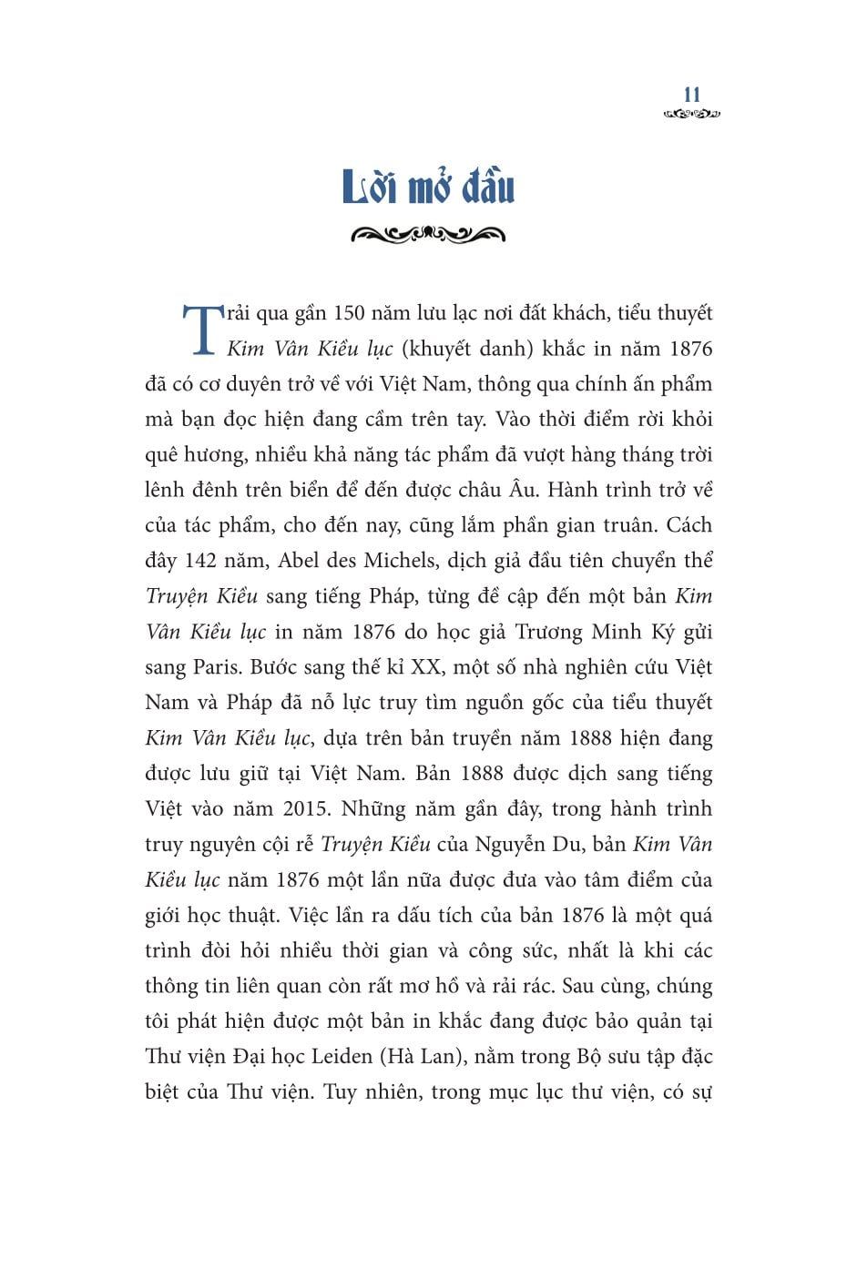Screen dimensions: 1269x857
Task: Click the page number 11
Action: [691, 95]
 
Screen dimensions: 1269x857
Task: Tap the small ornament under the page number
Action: [691, 115]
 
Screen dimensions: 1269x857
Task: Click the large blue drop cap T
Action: [199, 329]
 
